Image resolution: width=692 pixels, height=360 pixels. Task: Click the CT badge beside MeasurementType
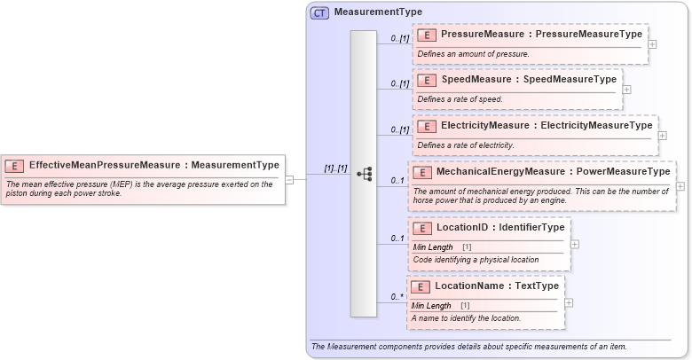(319, 12)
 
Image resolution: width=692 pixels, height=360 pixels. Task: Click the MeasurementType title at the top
(378, 12)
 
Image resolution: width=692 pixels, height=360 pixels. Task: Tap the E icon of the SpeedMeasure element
(427, 80)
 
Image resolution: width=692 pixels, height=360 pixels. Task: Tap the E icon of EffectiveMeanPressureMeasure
(14, 166)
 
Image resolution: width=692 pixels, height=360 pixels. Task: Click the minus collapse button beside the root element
(290, 179)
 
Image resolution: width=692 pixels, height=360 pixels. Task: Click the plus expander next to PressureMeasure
(653, 43)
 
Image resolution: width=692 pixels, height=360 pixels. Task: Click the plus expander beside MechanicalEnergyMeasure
(680, 186)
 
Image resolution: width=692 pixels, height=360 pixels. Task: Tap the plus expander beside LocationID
(575, 244)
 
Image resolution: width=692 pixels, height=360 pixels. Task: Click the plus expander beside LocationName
(570, 302)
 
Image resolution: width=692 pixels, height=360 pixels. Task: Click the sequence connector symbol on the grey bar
(364, 174)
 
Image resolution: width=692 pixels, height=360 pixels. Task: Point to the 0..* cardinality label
(397, 296)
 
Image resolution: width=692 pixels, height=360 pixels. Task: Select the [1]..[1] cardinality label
(334, 168)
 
